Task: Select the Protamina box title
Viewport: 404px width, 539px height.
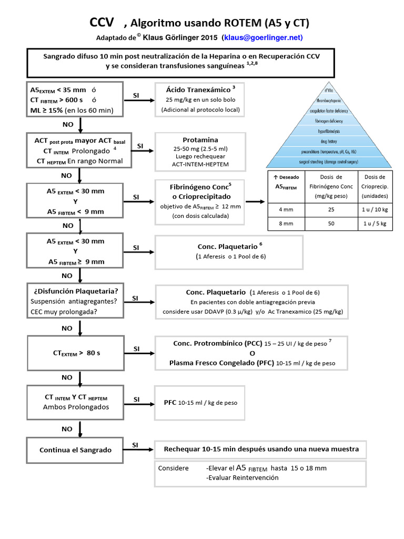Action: (200, 140)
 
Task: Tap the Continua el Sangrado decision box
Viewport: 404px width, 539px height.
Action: (75, 450)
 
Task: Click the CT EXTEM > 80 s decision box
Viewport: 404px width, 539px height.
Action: (75, 352)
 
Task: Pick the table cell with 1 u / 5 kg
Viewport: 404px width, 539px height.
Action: (375, 223)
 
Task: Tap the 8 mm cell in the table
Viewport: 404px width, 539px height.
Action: (286, 223)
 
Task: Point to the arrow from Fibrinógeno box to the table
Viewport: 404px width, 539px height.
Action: (256, 202)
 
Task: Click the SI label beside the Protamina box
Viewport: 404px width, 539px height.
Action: (140, 146)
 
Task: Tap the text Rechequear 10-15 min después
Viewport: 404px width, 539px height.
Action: (261, 449)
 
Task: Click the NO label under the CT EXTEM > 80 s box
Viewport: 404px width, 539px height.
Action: (67, 377)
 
